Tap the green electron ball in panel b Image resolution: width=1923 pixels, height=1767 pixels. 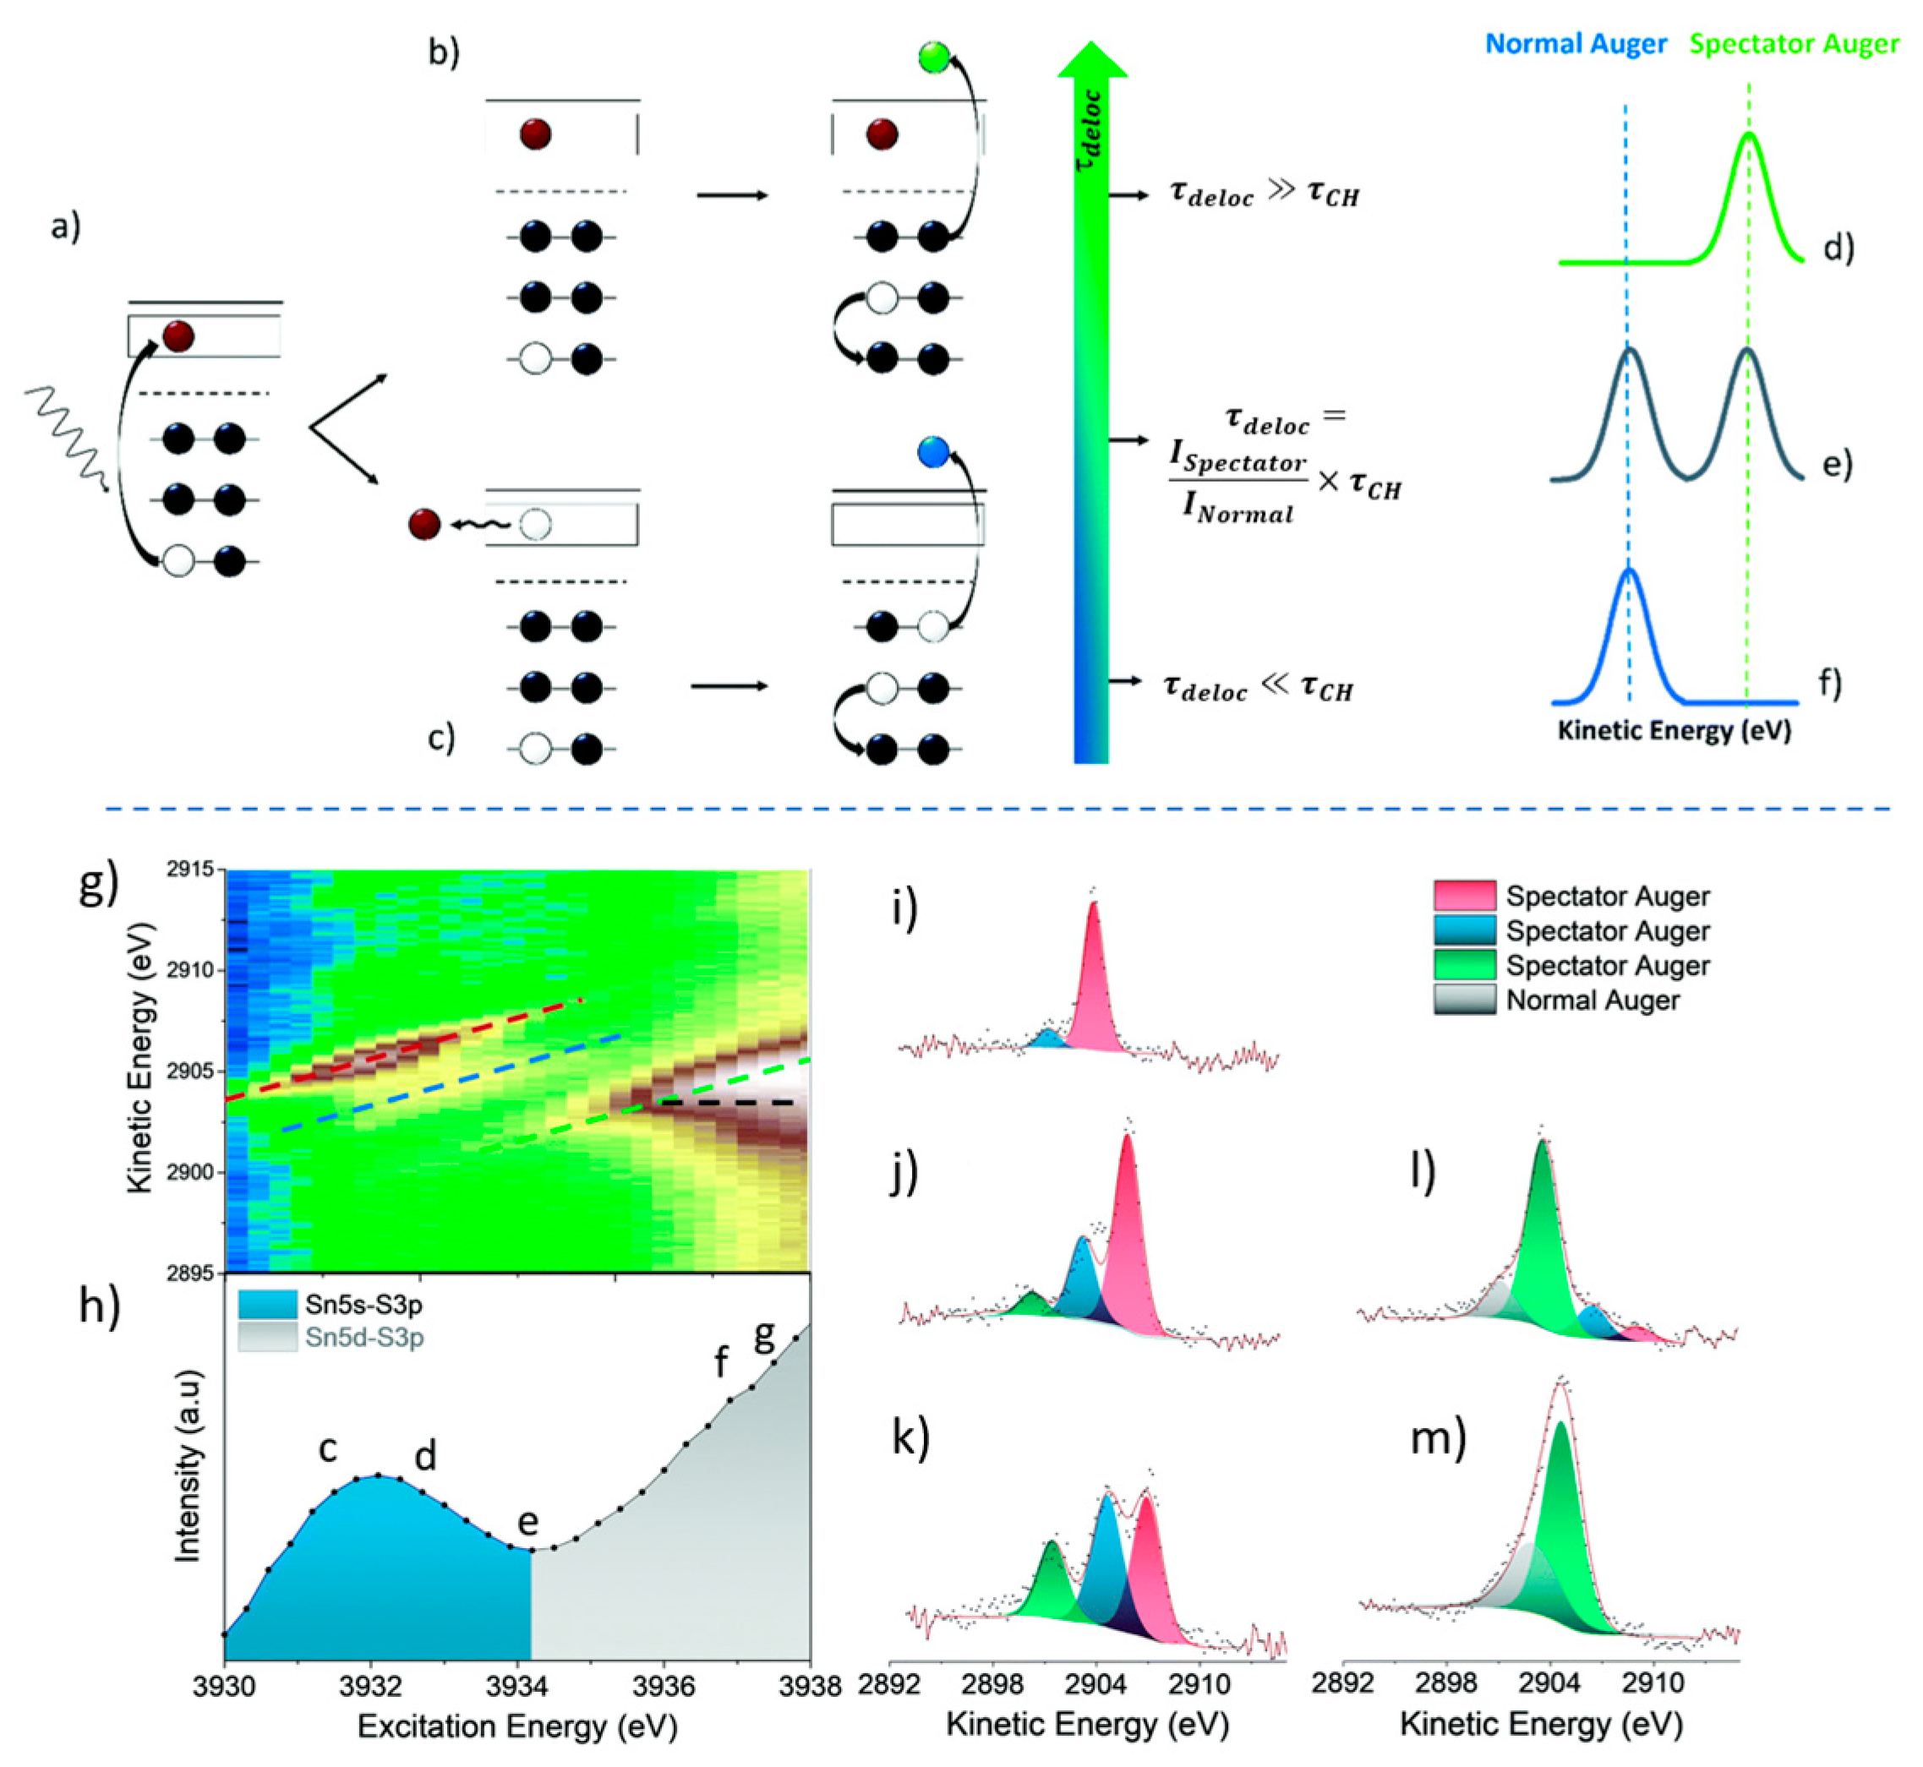tap(932, 57)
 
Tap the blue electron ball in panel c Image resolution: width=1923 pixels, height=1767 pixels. tap(932, 450)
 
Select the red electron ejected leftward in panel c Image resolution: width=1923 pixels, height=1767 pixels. tap(423, 524)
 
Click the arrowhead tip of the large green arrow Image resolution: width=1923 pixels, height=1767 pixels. tap(1091, 48)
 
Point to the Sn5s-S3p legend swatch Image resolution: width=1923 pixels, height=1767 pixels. tap(267, 1304)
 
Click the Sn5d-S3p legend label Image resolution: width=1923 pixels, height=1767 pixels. tap(363, 1338)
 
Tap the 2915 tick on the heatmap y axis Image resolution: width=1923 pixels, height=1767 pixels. tap(195, 870)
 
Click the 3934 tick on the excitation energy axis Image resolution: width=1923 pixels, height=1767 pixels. tap(516, 1687)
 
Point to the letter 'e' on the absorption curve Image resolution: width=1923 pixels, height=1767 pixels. tap(527, 1521)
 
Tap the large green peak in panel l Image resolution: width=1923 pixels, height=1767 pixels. tap(1543, 1234)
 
